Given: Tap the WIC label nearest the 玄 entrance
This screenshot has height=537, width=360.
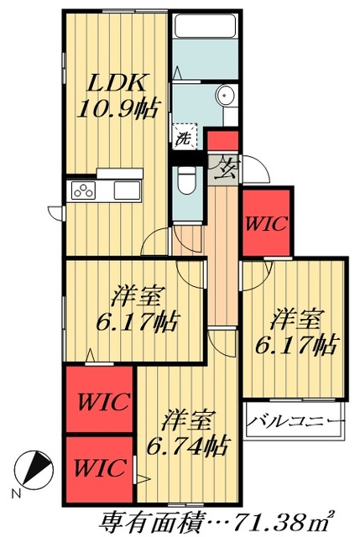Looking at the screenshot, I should tap(267, 224).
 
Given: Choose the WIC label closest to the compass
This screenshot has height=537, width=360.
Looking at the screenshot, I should tap(99, 465).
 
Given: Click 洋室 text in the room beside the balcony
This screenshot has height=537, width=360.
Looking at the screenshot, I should tap(296, 320).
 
